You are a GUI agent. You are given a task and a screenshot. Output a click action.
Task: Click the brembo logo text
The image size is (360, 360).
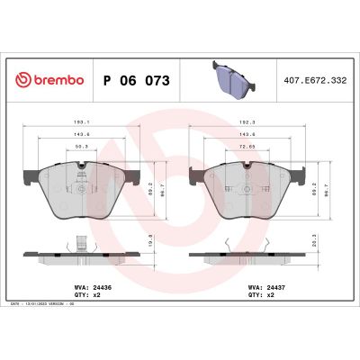pos(56,80)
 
